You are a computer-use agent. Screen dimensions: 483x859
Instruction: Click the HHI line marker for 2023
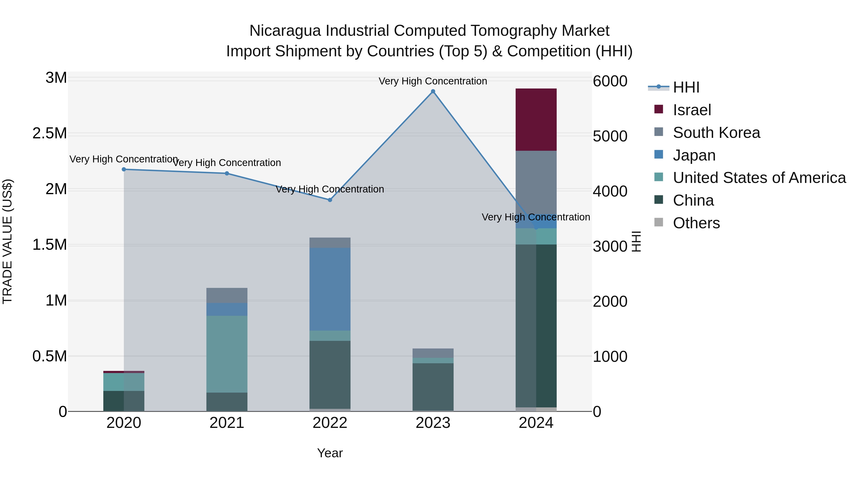(x=433, y=91)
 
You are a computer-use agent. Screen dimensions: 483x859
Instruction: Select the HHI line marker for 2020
(x=124, y=169)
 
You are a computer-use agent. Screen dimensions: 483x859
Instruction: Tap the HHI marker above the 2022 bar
(x=330, y=200)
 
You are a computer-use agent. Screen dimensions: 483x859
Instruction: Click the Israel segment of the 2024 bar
(x=536, y=120)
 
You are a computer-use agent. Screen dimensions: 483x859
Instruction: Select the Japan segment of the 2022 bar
(x=330, y=289)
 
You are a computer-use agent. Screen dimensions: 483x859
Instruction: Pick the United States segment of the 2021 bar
(x=227, y=354)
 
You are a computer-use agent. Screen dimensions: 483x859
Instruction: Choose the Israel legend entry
(x=691, y=110)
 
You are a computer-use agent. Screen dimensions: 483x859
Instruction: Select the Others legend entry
(x=696, y=223)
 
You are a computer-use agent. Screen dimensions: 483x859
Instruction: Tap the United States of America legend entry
(x=759, y=178)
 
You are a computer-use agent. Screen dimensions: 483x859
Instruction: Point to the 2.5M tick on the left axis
(x=49, y=133)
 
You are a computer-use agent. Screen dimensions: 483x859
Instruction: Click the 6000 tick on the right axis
(x=610, y=81)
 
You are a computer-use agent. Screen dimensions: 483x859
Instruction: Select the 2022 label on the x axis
(x=330, y=423)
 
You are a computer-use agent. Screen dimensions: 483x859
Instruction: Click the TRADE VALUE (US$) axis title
(x=7, y=241)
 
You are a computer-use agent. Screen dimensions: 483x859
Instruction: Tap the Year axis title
(x=330, y=453)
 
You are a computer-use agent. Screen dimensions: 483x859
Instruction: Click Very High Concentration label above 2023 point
(x=433, y=81)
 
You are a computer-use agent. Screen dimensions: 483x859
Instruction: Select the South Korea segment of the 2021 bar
(x=227, y=295)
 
